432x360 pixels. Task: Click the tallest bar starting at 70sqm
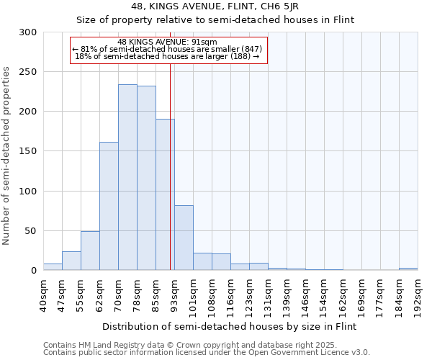[127, 177]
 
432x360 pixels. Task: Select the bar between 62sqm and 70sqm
[109, 206]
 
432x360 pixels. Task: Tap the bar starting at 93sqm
[184, 238]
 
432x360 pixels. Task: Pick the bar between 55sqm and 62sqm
[90, 251]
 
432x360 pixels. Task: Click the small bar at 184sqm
[408, 269]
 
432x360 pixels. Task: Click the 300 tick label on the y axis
[27, 32]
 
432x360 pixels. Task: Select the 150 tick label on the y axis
[27, 151]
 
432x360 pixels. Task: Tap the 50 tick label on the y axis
[30, 231]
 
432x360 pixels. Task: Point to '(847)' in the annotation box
[249, 49]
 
